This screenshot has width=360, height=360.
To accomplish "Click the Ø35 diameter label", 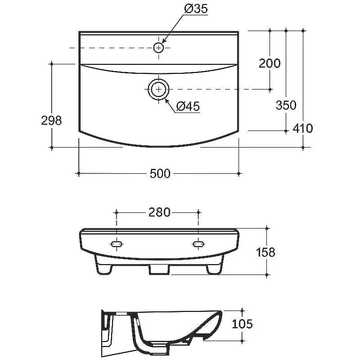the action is tap(196, 9).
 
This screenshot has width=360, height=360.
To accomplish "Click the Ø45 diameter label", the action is tap(188, 106).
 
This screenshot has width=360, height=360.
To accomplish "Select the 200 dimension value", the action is tap(270, 63).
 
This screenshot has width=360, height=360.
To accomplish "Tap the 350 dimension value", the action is tap(286, 105).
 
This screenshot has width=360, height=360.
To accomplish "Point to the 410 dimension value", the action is tap(302, 128).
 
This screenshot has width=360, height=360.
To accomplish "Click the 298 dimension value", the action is tap(51, 120).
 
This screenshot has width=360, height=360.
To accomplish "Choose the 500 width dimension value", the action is tap(160, 173).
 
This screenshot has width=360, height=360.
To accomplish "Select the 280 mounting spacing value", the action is tap(159, 212).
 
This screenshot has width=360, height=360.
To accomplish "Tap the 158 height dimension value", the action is tap(265, 252).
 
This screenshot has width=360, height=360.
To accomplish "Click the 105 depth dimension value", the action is tap(242, 324).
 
